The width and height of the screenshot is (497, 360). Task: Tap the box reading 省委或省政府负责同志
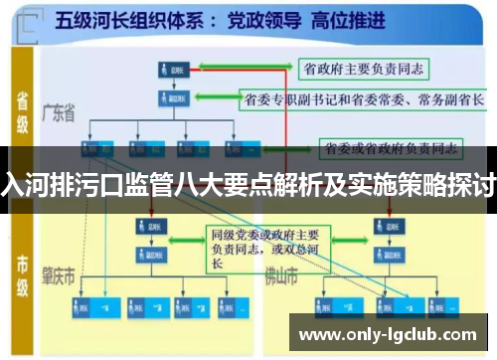391,148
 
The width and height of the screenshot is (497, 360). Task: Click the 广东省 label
59,114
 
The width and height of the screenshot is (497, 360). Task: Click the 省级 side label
23,109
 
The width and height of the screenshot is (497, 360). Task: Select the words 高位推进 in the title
342,20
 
